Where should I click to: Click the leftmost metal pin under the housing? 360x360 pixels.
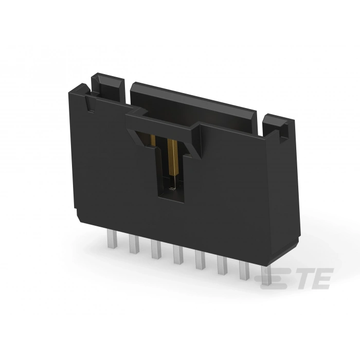pyautogui.click(x=111, y=238)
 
